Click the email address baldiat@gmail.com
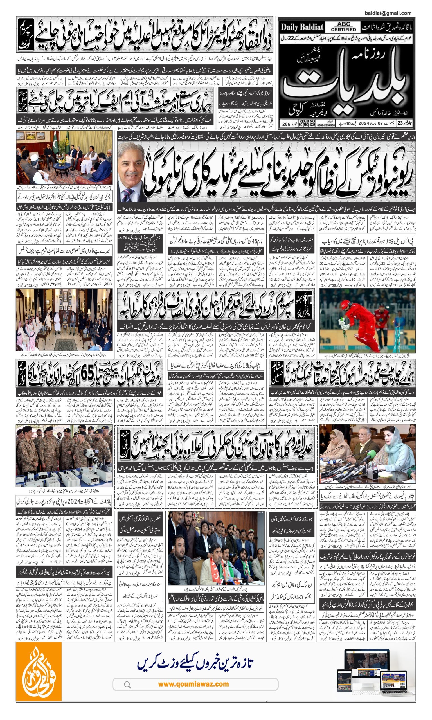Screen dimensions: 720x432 coord(388,13)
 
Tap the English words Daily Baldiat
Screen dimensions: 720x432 coord(302,27)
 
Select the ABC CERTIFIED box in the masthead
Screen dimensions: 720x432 coord(343,27)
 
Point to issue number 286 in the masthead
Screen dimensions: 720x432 coord(286,124)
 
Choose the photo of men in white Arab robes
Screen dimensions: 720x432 coord(64,320)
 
